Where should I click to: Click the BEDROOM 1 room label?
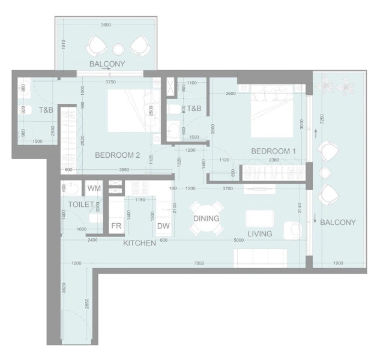[x=273, y=151]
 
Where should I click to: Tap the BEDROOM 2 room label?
[x=117, y=155]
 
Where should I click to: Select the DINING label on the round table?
[x=206, y=219]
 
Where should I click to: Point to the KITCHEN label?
[x=139, y=243]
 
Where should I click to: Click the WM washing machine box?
[x=94, y=189]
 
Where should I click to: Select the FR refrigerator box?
[x=116, y=226]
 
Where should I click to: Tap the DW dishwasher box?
[x=163, y=226]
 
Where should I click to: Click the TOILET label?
[x=80, y=205]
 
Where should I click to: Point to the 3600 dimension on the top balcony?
[x=106, y=25]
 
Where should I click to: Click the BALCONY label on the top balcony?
[x=107, y=64]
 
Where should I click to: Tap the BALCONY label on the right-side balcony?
[x=337, y=223]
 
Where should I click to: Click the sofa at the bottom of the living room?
[x=259, y=258]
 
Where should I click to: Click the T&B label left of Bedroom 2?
[x=46, y=110]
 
